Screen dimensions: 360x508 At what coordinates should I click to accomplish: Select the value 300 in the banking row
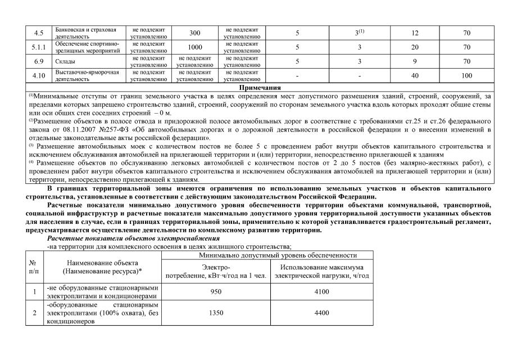coord(195,33)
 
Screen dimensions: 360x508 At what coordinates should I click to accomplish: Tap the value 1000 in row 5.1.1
coord(195,47)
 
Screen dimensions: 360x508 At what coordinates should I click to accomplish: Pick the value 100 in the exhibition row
coord(466,75)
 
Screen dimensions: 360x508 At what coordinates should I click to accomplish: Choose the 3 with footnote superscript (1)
coord(360,33)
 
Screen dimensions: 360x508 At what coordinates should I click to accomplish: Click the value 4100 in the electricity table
coord(322,292)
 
